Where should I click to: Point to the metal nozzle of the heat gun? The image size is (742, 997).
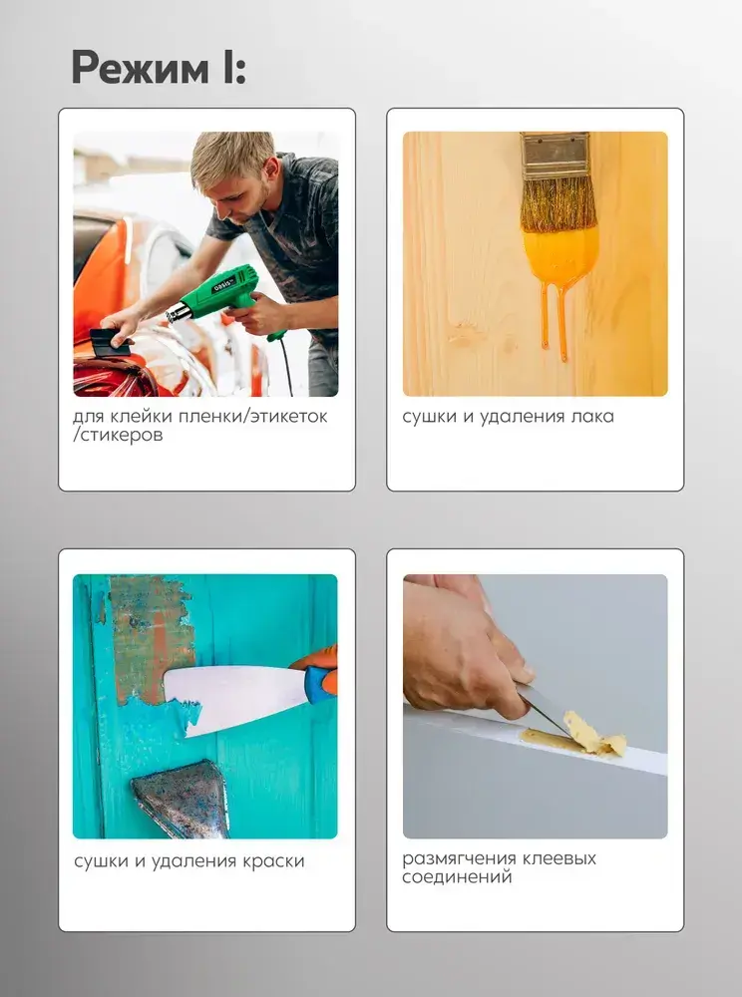[x=179, y=312]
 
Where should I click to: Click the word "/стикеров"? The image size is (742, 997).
[x=118, y=436]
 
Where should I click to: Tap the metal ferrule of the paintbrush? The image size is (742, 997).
[x=556, y=155]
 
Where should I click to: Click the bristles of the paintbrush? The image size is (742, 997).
[x=557, y=203]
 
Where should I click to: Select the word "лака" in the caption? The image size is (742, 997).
[x=592, y=417]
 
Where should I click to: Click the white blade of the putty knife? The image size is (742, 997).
[x=235, y=699]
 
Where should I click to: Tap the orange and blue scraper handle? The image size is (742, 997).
[x=318, y=674]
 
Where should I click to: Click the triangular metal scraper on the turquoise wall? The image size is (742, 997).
[x=182, y=798]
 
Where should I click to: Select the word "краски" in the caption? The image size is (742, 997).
[x=273, y=861]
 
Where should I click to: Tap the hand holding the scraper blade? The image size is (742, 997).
[x=464, y=649]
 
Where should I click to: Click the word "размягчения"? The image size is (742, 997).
[x=459, y=859]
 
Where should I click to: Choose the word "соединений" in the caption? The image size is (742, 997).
[x=457, y=878]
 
